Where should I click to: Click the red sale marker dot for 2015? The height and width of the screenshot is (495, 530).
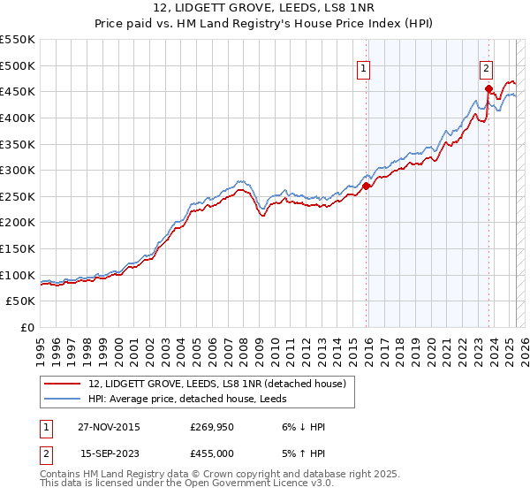[367, 186]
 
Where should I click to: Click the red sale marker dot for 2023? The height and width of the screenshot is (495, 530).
[488, 88]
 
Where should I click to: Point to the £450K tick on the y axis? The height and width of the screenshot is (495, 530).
[18, 91]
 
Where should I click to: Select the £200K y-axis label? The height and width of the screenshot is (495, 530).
[18, 222]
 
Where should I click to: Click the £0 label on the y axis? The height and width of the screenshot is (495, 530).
[27, 327]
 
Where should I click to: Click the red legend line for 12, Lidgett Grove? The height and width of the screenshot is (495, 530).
[62, 384]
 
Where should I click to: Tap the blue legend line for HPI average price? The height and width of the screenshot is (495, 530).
[62, 399]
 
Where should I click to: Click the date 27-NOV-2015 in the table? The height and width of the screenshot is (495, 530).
[110, 427]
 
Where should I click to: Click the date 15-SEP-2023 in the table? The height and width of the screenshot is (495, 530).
[110, 453]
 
